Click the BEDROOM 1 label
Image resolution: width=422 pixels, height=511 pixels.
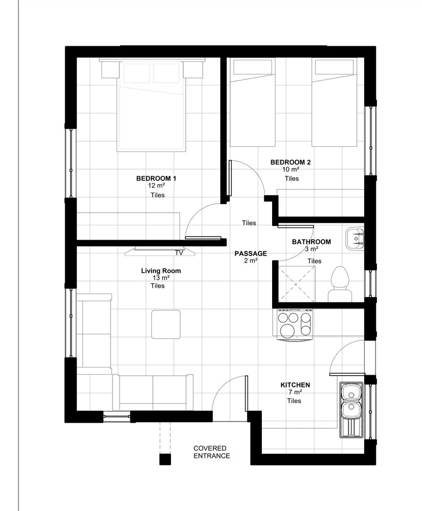(156, 178)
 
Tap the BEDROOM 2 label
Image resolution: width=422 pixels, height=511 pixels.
(291, 162)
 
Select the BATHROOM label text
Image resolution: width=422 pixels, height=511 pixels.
(312, 242)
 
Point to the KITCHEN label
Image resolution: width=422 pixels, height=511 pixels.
(295, 385)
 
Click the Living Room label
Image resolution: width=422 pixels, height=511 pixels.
(161, 270)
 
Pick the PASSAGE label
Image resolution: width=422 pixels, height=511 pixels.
(251, 253)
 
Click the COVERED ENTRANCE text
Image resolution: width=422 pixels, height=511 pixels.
(212, 452)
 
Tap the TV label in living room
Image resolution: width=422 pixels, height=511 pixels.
(179, 252)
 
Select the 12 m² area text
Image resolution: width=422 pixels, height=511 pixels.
(156, 186)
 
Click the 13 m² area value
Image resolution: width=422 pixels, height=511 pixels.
(161, 278)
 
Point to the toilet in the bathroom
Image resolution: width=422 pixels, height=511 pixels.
(340, 284)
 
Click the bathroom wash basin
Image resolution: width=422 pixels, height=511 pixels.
(355, 239)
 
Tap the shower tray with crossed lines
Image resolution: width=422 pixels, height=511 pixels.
(296, 284)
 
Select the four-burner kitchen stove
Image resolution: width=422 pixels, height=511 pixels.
(295, 324)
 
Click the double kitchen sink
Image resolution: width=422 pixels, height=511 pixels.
(351, 410)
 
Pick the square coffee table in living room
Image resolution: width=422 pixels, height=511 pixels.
(166, 324)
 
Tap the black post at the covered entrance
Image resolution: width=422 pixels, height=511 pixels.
(165, 459)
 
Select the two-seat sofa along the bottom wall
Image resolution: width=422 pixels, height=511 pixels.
(152, 392)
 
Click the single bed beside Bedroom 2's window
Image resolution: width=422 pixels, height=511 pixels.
(334, 102)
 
